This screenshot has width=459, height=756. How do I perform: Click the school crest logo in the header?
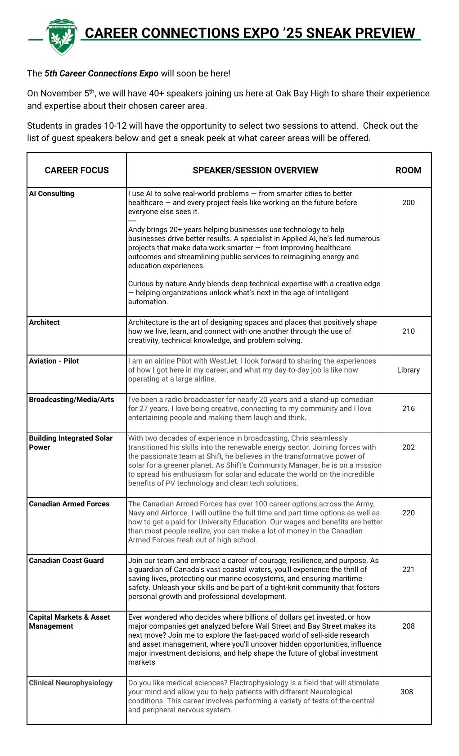point(62,36)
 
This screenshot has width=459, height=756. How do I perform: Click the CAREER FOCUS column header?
point(76,171)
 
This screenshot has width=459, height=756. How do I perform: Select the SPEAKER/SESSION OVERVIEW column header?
point(255,171)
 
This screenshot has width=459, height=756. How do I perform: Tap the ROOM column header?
point(408,171)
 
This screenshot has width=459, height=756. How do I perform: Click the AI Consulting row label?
point(52,194)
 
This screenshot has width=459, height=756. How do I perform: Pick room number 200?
point(408,203)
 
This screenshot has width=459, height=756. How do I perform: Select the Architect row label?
point(44,323)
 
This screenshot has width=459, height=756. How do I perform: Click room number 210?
point(408,332)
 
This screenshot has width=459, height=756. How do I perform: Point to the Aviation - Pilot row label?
point(54,361)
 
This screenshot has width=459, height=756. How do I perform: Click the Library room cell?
point(408,370)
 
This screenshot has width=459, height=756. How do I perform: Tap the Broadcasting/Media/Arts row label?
point(72,400)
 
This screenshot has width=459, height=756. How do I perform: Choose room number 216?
point(408,409)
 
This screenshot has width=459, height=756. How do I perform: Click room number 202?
point(408,448)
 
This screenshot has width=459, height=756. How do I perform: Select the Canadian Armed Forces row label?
point(69,504)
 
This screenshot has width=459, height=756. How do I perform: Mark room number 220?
point(408,513)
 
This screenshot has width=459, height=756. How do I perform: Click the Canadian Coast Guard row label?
point(66,561)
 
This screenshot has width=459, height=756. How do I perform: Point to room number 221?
point(408,570)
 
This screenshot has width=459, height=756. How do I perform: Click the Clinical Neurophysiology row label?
point(71,684)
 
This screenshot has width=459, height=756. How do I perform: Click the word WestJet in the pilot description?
point(231,361)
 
